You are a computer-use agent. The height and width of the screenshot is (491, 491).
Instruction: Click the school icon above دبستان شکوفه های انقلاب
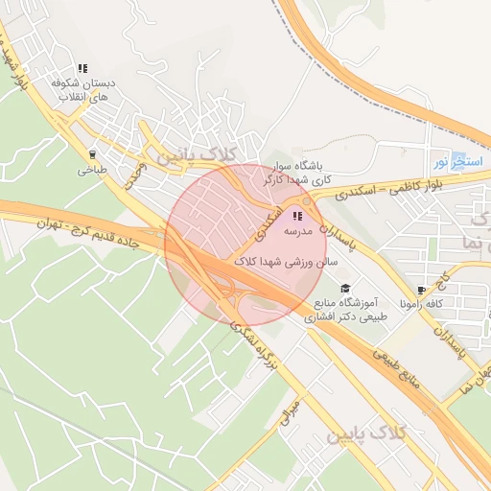pos(82,69)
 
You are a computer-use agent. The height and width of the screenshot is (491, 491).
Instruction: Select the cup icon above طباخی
pos(93,153)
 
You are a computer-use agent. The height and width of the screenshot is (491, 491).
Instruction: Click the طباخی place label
pos(93,171)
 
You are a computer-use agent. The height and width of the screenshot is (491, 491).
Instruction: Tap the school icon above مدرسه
pos(297,216)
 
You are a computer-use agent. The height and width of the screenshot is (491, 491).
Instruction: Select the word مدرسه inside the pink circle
pos(298,232)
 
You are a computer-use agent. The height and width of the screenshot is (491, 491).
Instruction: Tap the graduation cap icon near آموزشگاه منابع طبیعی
pos(344,289)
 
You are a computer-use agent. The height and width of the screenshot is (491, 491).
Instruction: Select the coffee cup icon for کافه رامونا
pos(421,290)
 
